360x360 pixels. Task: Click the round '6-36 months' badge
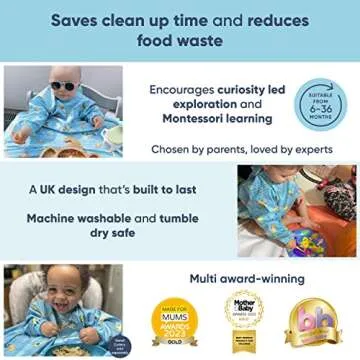point(319,104)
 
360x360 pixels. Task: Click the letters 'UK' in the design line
point(52,188)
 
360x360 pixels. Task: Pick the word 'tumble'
point(177,218)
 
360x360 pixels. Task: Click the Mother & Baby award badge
point(243,318)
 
